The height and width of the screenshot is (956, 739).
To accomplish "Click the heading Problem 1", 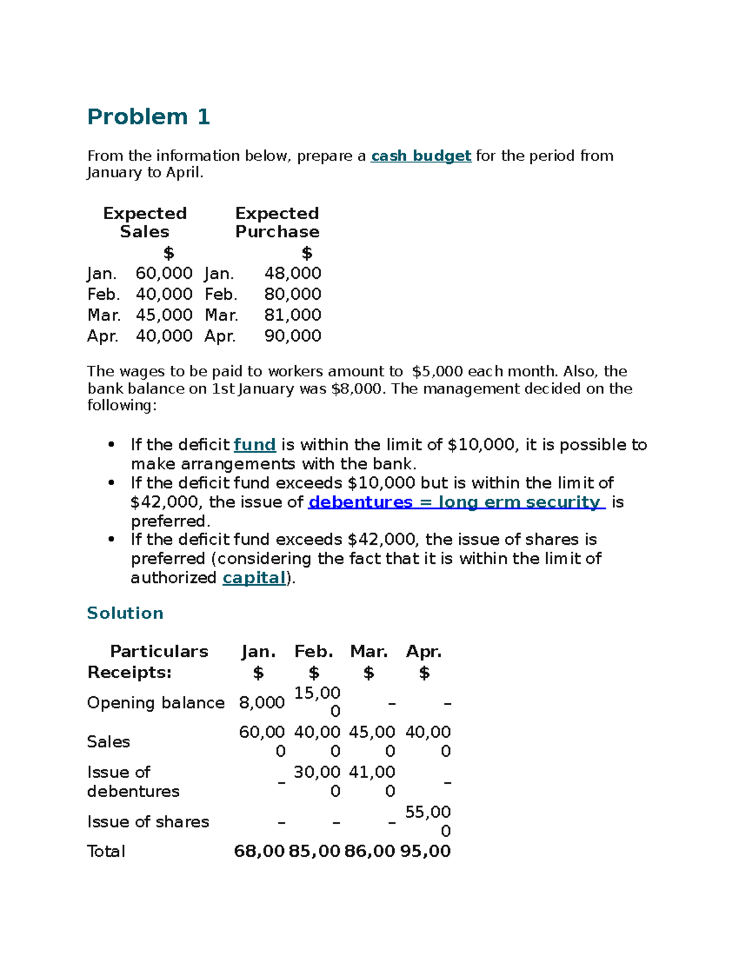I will [148, 116].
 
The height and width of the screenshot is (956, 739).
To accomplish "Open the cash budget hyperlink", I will [421, 156].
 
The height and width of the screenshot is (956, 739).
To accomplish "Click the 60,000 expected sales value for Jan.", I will [164, 273].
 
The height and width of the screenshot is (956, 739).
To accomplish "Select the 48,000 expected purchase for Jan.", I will [293, 273].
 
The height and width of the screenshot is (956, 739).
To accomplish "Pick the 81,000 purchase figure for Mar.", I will [293, 315].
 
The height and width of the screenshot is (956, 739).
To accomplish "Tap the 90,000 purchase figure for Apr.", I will [293, 336].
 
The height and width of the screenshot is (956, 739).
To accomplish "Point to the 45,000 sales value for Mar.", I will [164, 315].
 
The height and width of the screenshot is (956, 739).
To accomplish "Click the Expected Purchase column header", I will [277, 222].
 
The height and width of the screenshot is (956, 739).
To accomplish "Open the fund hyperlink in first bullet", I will [254, 445].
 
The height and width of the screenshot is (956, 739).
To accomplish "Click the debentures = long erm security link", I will [456, 502].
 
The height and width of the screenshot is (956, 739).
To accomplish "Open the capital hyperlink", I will [254, 578].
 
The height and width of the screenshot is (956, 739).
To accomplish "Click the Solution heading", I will [125, 613].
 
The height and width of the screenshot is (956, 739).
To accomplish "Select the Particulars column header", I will [159, 651].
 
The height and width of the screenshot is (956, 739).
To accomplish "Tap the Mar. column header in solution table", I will [369, 651].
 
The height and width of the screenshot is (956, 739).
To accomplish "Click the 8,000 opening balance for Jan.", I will [262, 703].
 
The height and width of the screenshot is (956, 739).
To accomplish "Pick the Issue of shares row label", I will [148, 822].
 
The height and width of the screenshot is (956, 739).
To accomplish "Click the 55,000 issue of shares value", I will [428, 821].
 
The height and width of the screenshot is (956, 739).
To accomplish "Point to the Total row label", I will [106, 851].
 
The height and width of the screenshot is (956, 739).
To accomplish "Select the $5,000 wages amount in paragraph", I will [437, 372].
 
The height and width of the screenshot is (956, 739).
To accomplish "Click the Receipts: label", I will [129, 672].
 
